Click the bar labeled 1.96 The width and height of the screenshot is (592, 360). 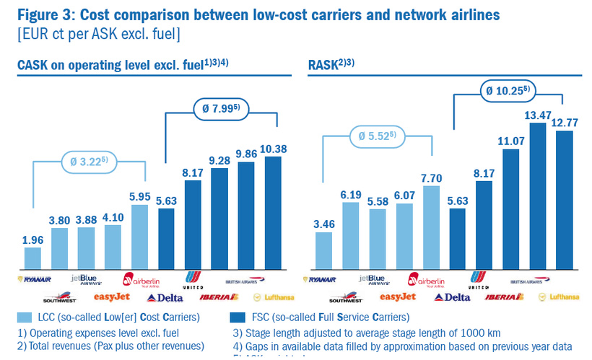coord(32,258)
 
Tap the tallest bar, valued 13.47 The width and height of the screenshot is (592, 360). coord(537,195)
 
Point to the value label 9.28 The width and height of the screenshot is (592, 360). coord(219,160)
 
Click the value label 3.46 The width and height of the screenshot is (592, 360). coord(324,224)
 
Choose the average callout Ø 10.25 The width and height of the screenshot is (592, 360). coord(511,92)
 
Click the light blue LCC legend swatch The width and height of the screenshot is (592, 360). coord(25,317)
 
